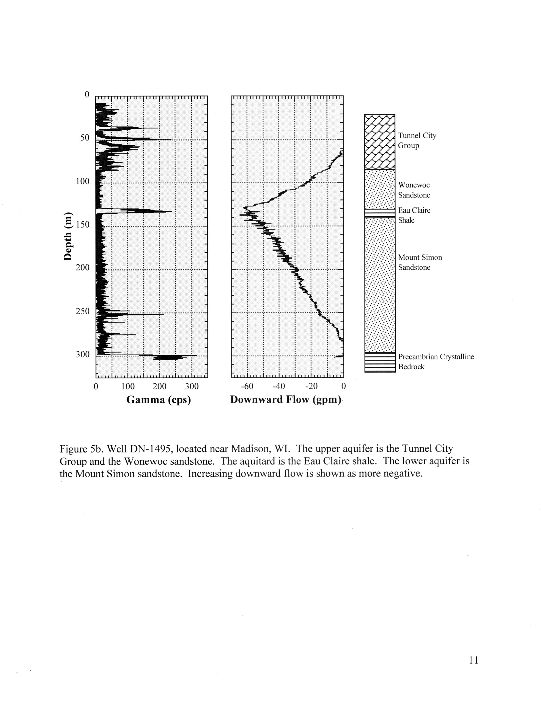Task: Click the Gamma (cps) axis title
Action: click(158, 400)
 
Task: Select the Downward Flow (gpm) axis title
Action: click(286, 400)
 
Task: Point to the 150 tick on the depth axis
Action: click(83, 225)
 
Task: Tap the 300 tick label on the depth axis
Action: click(83, 354)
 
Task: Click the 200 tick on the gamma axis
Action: click(159, 386)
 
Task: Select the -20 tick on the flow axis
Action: click(311, 386)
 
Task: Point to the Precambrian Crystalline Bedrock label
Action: click(436, 362)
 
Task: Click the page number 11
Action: click(473, 660)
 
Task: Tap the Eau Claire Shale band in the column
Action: click(380, 213)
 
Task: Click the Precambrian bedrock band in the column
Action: click(380, 362)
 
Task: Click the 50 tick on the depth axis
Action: click(85, 138)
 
